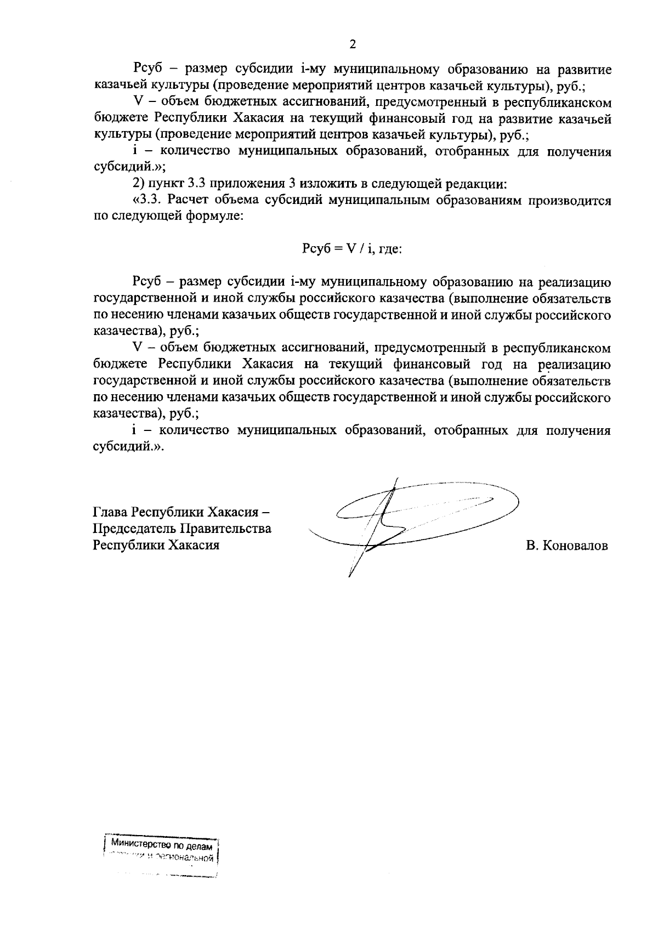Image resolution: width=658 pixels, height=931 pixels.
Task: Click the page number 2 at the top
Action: [353, 44]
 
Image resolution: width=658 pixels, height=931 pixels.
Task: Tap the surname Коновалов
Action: [575, 546]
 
